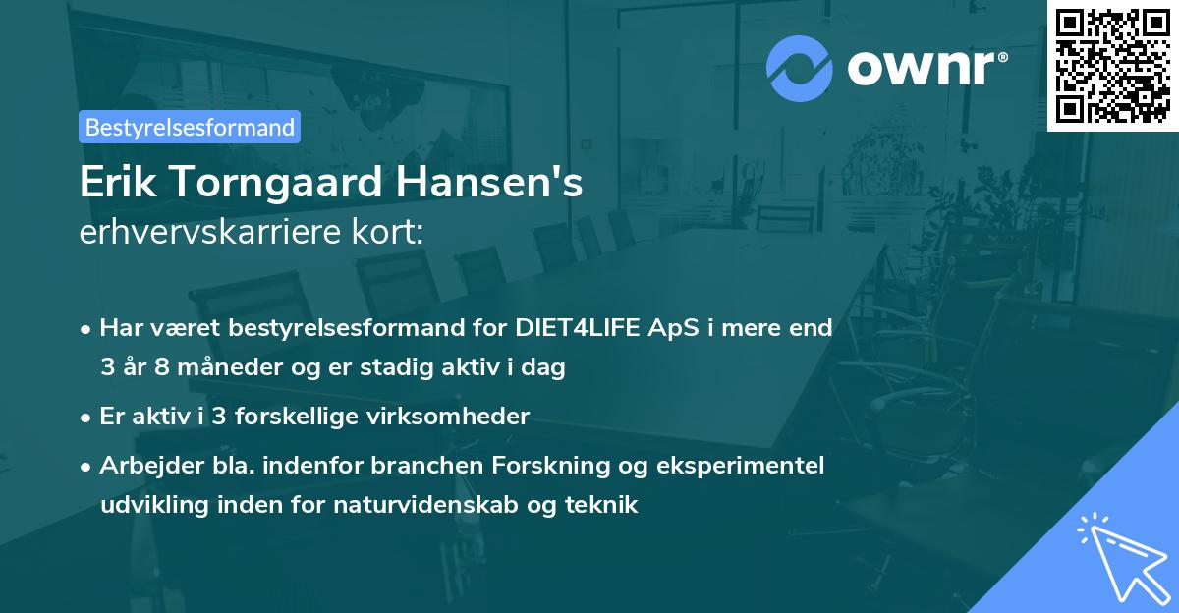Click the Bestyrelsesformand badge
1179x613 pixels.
(190, 127)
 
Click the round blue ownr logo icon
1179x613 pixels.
(800, 69)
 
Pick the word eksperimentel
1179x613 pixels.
(750, 465)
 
